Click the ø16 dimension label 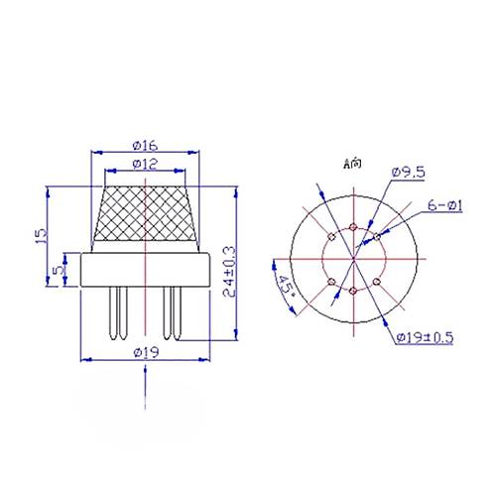point(146,146)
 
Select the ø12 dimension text point(146,165)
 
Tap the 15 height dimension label point(42,236)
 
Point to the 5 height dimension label point(60,270)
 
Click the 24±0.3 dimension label point(229,272)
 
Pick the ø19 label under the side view point(146,352)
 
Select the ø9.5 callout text point(408,173)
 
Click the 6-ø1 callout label point(445,206)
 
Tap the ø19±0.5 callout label point(425,337)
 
